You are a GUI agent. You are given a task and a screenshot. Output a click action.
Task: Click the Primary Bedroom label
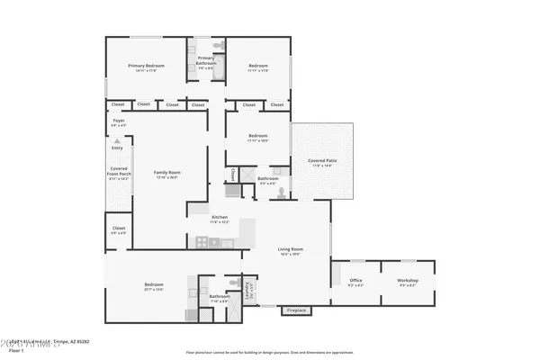click(145, 66)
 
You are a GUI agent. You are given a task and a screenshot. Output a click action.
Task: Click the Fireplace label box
click(296, 311)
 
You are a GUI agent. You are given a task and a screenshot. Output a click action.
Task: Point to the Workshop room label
click(408, 280)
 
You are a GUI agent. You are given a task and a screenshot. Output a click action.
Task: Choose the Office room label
click(355, 280)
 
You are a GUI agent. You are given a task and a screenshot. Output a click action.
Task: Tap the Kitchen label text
click(220, 218)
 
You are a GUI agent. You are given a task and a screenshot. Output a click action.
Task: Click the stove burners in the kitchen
click(202, 241)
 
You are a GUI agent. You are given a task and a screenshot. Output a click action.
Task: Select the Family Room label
click(166, 172)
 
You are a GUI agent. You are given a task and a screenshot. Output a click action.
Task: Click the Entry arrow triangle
click(116, 142)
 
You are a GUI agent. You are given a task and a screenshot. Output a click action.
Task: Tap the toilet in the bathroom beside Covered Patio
click(281, 192)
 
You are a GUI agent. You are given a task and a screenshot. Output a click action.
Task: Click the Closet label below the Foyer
click(118, 229)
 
